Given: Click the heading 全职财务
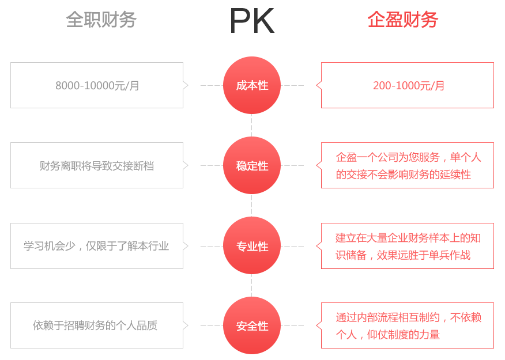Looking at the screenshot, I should (101, 20).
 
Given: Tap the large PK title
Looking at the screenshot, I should (252, 21).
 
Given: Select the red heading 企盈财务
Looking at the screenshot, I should (403, 20).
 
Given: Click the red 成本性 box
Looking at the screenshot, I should (252, 85).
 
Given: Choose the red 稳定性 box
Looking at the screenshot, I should (252, 165).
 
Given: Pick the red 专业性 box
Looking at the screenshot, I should (252, 246).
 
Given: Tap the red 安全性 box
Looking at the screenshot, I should (252, 325).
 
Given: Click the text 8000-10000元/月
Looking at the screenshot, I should (98, 86).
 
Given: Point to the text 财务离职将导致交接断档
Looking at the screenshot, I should (97, 166).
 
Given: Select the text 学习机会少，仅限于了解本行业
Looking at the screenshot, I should (96, 246).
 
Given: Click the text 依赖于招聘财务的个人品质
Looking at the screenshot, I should (95, 325).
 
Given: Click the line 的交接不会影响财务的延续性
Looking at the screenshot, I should (404, 175).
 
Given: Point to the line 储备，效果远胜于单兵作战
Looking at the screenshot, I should (404, 255).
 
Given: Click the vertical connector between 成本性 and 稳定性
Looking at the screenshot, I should (251, 125).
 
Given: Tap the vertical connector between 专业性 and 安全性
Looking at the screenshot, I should (251, 285).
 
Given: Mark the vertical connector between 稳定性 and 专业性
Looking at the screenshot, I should (251, 205).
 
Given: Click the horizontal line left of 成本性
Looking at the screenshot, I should (211, 85).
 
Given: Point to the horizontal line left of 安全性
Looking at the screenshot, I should (211, 325).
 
